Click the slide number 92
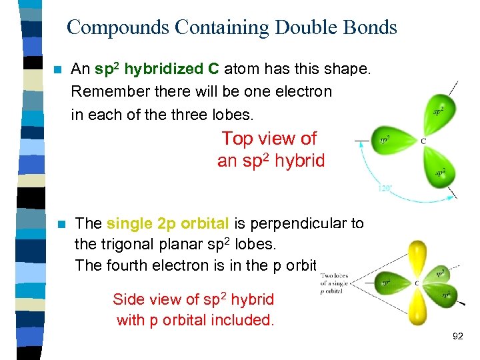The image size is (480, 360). [x=457, y=337]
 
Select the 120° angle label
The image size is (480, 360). [x=385, y=189]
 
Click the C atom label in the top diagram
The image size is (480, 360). [x=424, y=141]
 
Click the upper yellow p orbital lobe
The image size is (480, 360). [x=419, y=257]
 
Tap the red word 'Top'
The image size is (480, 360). [x=236, y=139]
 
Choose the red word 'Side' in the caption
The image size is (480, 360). [x=128, y=299]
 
